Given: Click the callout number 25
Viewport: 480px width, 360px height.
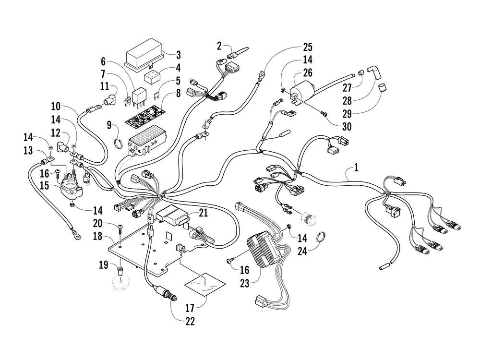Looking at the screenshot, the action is pyautogui.click(x=307, y=47).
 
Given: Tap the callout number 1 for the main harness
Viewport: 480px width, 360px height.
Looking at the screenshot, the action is pyautogui.click(x=356, y=168).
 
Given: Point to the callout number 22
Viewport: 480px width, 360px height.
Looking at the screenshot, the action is pyautogui.click(x=190, y=321).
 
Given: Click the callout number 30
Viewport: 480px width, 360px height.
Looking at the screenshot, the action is pyautogui.click(x=347, y=126).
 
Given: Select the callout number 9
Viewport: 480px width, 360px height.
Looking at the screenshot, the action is pyautogui.click(x=109, y=125).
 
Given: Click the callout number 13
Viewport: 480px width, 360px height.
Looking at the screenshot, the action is pyautogui.click(x=28, y=150).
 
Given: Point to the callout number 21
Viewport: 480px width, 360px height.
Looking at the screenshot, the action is pyautogui.click(x=203, y=213).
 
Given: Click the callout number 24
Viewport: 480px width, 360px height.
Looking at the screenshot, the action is pyautogui.click(x=302, y=251).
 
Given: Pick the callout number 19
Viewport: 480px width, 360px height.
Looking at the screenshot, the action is pyautogui.click(x=104, y=264).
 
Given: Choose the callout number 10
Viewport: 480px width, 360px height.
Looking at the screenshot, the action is pyautogui.click(x=56, y=107).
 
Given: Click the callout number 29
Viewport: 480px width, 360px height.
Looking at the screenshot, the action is pyautogui.click(x=347, y=114).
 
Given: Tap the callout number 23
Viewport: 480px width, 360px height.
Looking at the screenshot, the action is pyautogui.click(x=245, y=283).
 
